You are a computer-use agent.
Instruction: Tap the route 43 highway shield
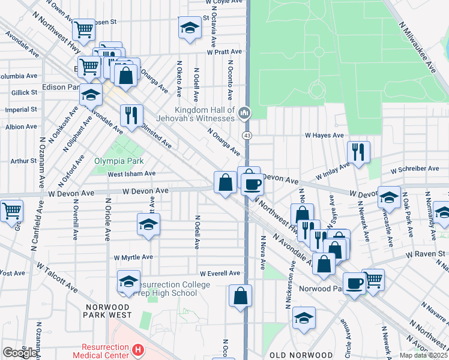point(247,136)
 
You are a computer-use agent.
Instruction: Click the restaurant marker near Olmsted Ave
point(131,115)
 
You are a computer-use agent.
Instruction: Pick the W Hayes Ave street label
point(324,136)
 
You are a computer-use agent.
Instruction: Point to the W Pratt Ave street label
point(224,52)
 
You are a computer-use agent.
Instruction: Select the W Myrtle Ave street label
point(133,257)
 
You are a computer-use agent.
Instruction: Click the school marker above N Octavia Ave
point(190,27)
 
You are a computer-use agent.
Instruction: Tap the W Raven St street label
point(424,254)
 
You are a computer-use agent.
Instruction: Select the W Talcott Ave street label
point(57,275)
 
